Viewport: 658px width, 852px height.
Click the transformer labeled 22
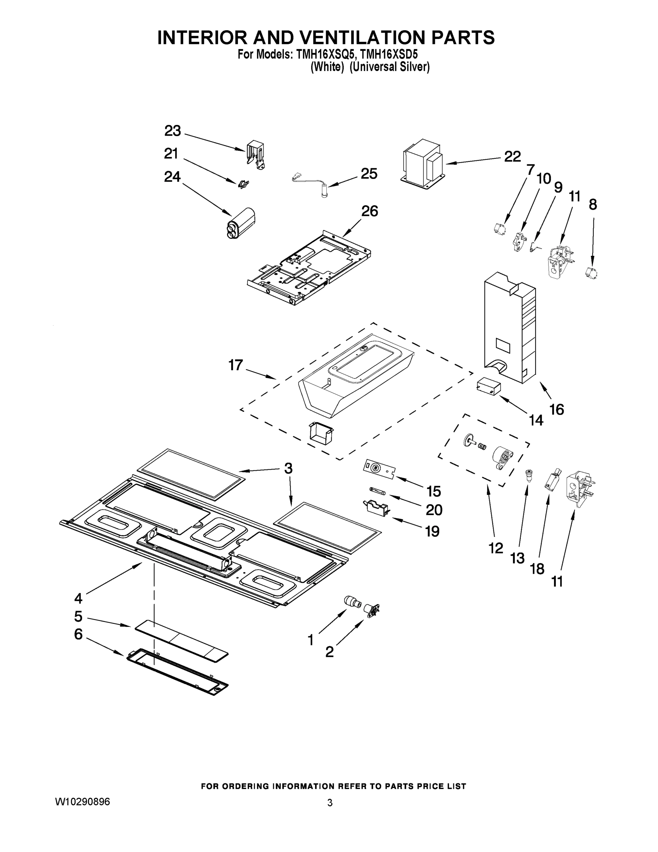pyautogui.click(x=423, y=164)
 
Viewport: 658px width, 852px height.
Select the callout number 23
pyautogui.click(x=172, y=131)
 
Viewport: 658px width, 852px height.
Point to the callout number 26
pyautogui.click(x=369, y=211)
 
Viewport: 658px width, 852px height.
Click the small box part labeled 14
pyautogui.click(x=488, y=386)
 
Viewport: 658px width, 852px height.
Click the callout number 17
pyautogui.click(x=236, y=365)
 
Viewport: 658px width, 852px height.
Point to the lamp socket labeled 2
pyautogui.click(x=371, y=609)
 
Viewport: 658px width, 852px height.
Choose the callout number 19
pyautogui.click(x=432, y=531)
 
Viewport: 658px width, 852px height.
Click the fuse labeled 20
pyautogui.click(x=377, y=492)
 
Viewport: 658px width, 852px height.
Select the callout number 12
pyautogui.click(x=496, y=548)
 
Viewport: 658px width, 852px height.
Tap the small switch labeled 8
pyautogui.click(x=592, y=272)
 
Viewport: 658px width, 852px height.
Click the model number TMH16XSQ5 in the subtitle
pyautogui.click(x=326, y=54)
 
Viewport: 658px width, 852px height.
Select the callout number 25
pyautogui.click(x=369, y=174)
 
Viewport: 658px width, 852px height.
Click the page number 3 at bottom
pyautogui.click(x=330, y=803)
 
